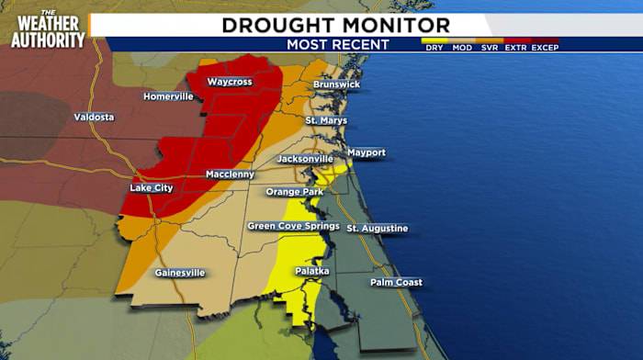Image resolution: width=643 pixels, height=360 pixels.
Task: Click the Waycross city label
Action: pos(229,82)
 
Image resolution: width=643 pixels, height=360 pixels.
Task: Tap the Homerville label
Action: pos(167,96)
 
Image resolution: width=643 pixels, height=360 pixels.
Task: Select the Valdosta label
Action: pos(94,118)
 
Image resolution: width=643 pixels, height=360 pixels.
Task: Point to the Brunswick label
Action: pos(336,84)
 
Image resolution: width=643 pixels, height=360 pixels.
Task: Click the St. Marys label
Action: pos(326,120)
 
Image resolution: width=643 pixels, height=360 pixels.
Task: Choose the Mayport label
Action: pos(366,152)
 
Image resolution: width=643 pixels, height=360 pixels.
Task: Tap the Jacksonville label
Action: pos(304,159)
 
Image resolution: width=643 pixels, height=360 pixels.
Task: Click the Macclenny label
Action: pos(229,174)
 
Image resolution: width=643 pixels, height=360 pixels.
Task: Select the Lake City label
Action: pos(151,188)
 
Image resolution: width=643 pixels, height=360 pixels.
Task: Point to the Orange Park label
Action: pos(295,192)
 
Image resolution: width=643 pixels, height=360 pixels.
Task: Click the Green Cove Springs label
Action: pos(293,226)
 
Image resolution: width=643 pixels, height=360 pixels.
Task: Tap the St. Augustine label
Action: pos(377,228)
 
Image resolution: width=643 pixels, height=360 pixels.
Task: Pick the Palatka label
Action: pos(311,271)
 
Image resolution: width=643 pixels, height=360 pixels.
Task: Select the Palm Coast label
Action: pos(396,282)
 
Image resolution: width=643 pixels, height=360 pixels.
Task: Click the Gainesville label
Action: pos(179,273)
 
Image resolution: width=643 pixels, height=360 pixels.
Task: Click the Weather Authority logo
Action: pos(48,29)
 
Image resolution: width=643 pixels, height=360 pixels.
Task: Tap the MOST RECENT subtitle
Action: pos(337,44)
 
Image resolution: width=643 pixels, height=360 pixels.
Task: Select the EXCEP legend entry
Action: pos(545,47)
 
